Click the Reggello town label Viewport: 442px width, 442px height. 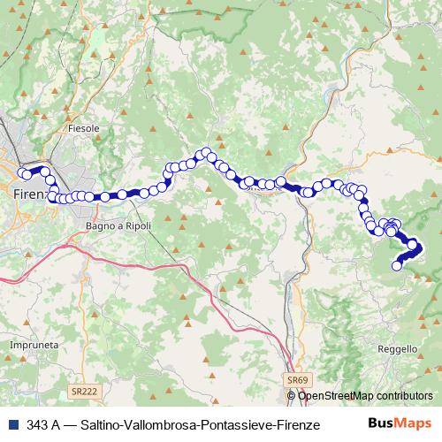(x=396, y=349)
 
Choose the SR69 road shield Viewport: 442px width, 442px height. (x=297, y=380)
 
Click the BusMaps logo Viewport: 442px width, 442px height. (x=400, y=423)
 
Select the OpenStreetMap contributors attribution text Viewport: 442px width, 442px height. (x=365, y=396)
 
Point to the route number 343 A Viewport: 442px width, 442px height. (x=44, y=425)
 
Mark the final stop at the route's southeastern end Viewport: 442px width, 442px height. (x=397, y=263)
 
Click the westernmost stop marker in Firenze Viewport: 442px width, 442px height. (x=22, y=173)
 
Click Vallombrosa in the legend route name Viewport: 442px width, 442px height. (x=163, y=425)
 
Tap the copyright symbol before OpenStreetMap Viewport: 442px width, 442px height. (x=292, y=396)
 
